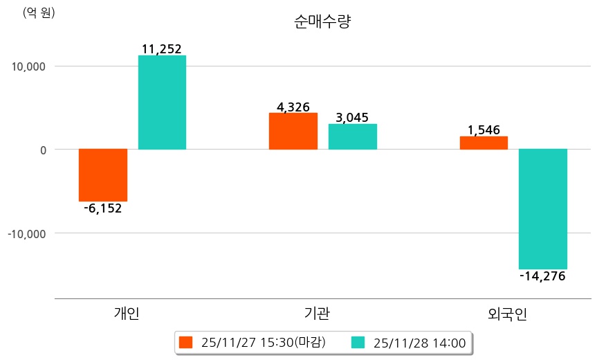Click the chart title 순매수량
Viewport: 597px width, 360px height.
tap(323, 22)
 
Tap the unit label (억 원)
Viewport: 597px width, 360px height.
tap(39, 12)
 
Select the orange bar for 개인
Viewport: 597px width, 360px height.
tap(103, 174)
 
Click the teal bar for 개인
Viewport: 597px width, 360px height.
tap(162, 102)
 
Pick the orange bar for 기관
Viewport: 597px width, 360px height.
tap(293, 131)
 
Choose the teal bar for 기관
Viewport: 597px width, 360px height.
tap(353, 136)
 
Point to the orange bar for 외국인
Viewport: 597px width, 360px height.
tap(484, 143)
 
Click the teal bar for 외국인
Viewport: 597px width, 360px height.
tap(543, 208)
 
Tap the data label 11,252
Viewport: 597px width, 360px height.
tap(161, 48)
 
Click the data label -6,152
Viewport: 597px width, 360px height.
tap(102, 208)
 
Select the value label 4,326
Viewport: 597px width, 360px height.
tap(293, 107)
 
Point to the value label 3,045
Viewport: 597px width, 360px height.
tap(352, 118)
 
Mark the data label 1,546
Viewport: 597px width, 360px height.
tap(484, 130)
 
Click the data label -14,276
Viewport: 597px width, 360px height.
tap(542, 276)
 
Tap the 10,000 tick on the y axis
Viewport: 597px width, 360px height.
tap(27, 66)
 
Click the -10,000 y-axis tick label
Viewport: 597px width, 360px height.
tap(26, 233)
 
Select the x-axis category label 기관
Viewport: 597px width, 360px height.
tap(317, 314)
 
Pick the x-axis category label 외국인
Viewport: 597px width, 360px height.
tap(507, 314)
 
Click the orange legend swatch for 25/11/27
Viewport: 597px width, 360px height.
tap(185, 342)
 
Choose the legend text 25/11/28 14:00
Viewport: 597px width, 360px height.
tap(419, 342)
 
